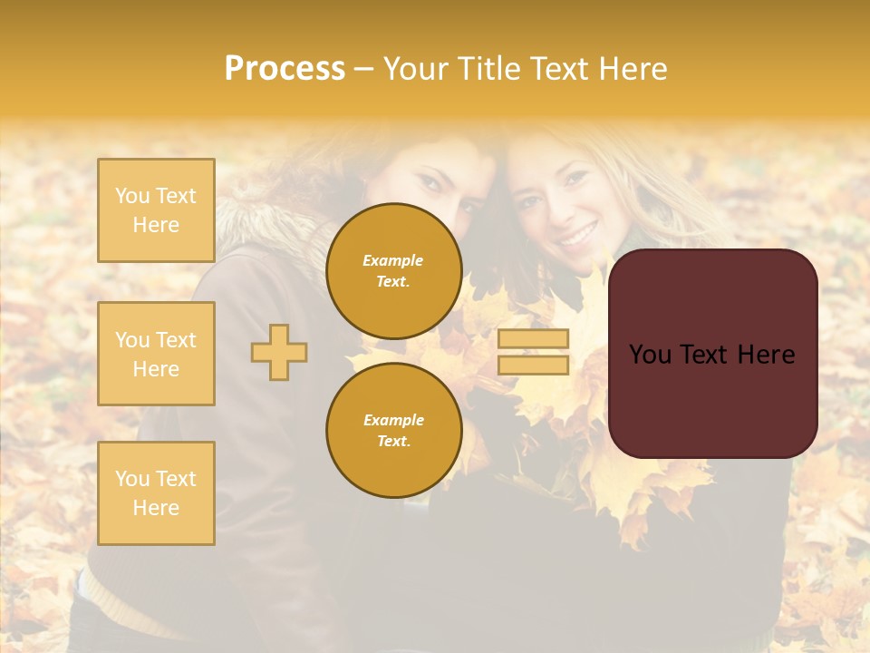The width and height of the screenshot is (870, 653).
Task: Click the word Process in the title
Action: pos(285,69)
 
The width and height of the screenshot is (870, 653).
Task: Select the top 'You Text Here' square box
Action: pos(156,210)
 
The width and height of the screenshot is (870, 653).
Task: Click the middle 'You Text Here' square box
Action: pos(156,354)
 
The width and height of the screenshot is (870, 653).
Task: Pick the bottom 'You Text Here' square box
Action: pos(156,493)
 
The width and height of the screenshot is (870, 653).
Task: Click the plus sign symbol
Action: pos(279,353)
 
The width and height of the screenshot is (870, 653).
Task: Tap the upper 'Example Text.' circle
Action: pos(393,271)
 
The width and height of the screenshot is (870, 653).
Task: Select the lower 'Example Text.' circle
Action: pos(393,431)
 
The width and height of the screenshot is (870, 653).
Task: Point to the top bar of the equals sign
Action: pos(533,339)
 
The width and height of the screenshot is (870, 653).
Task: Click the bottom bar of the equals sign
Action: pos(533,365)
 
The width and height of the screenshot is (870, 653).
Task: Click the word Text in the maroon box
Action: pos(703,355)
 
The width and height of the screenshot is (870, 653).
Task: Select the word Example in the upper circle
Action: pos(393,260)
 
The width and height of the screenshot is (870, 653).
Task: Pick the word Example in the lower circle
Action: pos(393,420)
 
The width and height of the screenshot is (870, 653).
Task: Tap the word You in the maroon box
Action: pos(650,355)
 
